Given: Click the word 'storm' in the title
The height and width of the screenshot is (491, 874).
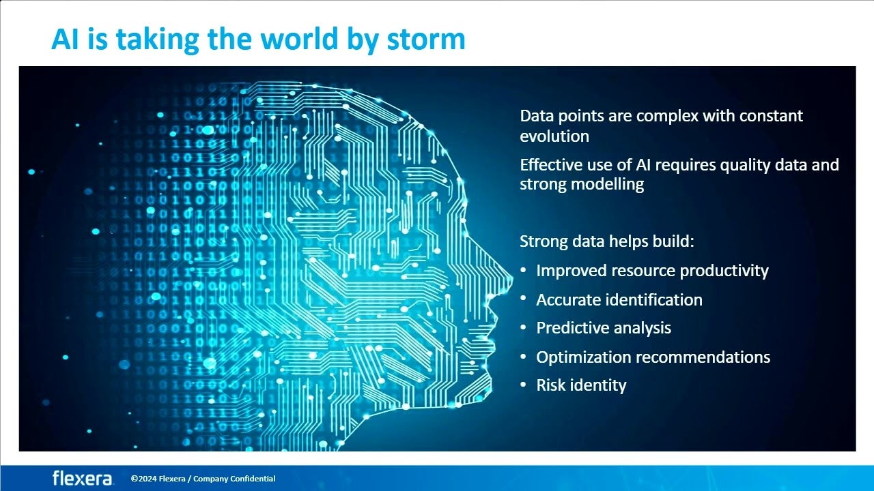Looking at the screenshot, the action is click(x=426, y=40).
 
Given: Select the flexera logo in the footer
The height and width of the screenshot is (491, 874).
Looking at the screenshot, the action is click(x=83, y=478).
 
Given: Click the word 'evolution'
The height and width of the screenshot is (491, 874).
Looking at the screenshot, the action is click(x=554, y=136).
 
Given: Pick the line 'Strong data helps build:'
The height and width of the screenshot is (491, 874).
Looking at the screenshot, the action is click(x=607, y=241).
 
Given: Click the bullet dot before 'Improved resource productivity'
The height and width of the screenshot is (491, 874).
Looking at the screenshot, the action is click(x=524, y=269).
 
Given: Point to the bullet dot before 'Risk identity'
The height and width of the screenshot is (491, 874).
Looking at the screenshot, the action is click(x=524, y=384).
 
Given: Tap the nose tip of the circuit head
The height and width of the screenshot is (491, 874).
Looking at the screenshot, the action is click(x=511, y=279).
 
